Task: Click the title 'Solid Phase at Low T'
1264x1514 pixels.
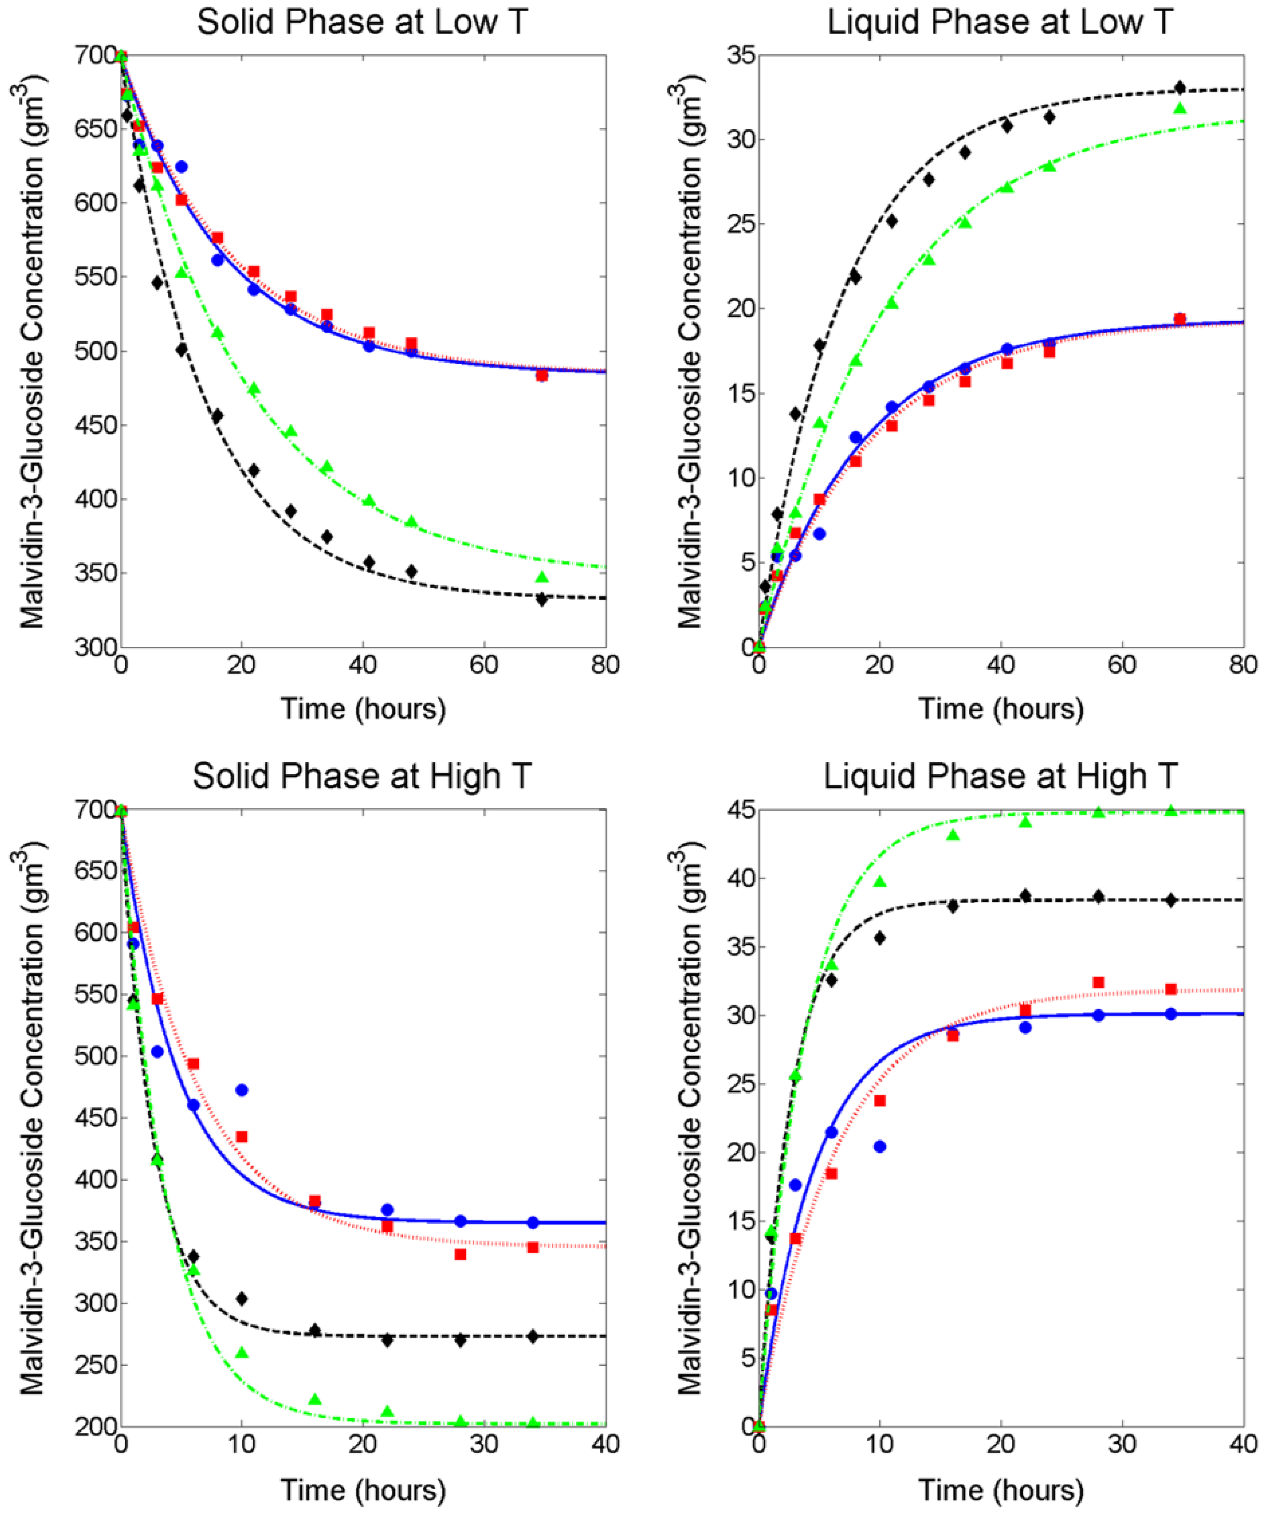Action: click(x=363, y=22)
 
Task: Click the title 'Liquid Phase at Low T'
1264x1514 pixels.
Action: click(x=1000, y=22)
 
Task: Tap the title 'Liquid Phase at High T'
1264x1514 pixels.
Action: click(x=1000, y=776)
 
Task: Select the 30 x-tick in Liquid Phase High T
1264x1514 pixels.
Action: click(x=1122, y=1444)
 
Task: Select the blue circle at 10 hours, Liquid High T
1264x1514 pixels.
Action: click(x=880, y=1146)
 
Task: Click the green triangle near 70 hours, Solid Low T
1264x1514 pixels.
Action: click(x=542, y=577)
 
